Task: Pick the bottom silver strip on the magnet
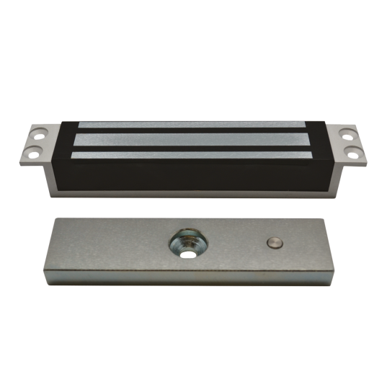pyautogui.click(x=193, y=155)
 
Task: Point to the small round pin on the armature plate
pyautogui.click(x=272, y=242)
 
